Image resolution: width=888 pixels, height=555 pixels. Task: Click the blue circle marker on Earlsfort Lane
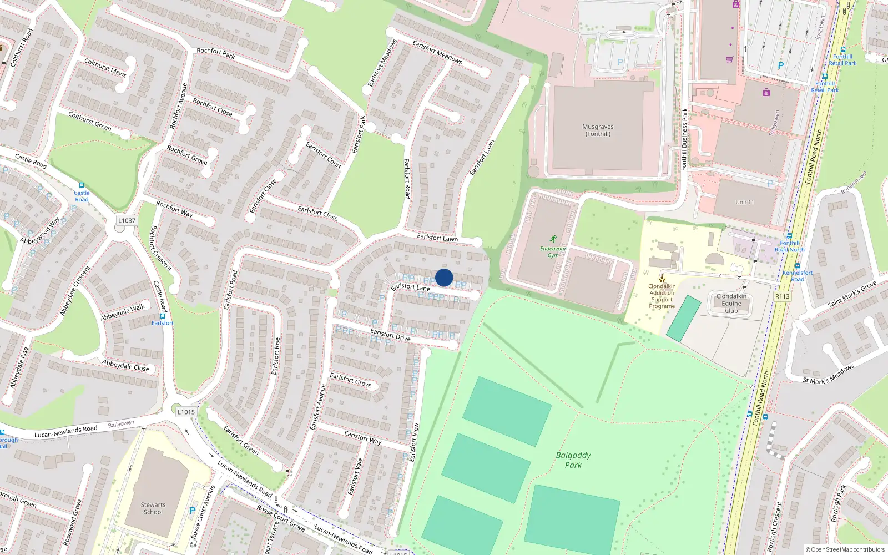coord(444,277)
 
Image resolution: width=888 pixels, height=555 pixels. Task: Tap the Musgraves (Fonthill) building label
coord(598,130)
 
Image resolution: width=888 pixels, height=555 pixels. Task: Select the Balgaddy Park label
coord(573,460)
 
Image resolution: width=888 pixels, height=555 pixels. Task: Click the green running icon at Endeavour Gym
coord(553,239)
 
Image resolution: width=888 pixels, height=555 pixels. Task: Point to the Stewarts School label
coord(153,508)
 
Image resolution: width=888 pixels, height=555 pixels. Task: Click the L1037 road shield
coord(127,220)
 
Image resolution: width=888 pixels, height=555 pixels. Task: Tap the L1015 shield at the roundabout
coord(186,412)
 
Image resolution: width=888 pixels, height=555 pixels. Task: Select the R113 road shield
coord(782,296)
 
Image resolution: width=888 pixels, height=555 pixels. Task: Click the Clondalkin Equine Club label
coord(731,304)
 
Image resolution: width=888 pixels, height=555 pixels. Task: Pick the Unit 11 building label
coord(745,202)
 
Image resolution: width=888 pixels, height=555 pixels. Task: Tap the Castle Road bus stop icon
coord(82,185)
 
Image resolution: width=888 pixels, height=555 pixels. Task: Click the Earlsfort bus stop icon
coord(162,316)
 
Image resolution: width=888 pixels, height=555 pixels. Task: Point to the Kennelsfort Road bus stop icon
coord(797,266)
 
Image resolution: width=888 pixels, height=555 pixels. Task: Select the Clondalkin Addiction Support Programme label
coord(662,296)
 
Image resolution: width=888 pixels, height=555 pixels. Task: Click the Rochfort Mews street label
coord(105,68)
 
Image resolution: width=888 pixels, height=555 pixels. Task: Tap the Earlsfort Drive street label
coord(390,335)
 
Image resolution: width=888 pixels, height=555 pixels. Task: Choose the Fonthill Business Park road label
coord(684,139)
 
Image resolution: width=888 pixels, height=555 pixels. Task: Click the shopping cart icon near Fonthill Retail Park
coord(729,59)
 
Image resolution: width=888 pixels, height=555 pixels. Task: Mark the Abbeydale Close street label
coord(126,365)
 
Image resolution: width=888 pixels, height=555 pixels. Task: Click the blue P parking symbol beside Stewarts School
coord(193,510)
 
